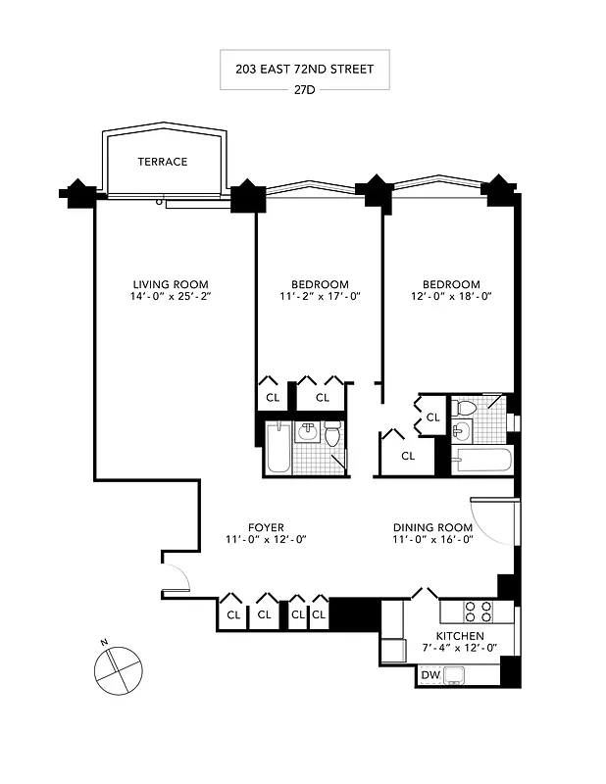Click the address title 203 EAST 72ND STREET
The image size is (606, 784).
click(304, 70)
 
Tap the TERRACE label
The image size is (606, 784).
click(162, 162)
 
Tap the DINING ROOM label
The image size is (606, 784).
click(432, 527)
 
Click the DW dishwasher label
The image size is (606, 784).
click(429, 675)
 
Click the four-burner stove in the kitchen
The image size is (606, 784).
click(478, 612)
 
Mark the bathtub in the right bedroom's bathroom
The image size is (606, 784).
click(481, 460)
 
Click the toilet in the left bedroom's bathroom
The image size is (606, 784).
click(332, 432)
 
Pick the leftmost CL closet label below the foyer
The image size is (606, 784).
click(233, 615)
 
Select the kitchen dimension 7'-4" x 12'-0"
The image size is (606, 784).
click(459, 648)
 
